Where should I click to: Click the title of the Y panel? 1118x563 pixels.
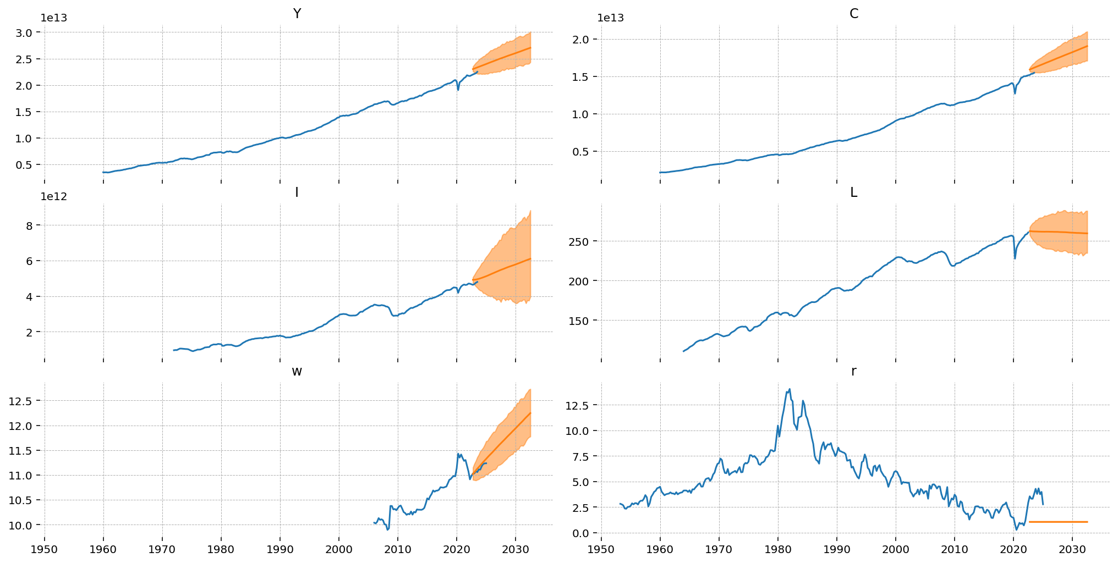coord(297,14)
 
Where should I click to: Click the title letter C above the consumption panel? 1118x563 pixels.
coord(854,14)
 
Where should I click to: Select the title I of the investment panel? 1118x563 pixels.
coord(297,192)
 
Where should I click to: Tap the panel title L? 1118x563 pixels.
coord(854,192)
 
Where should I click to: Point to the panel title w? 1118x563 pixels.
coord(297,371)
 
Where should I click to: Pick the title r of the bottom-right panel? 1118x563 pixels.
coord(854,371)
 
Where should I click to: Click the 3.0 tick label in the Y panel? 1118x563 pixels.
coord(30,32)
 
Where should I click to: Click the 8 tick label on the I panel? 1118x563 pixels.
coord(37,225)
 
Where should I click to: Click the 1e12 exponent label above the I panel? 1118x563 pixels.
coord(53,197)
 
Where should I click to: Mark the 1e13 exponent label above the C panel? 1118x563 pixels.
coord(611,18)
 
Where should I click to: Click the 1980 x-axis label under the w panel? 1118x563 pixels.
coord(221,549)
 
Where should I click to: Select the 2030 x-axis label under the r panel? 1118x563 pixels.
coord(1072,549)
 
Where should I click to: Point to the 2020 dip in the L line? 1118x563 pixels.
coord(1015,258)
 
